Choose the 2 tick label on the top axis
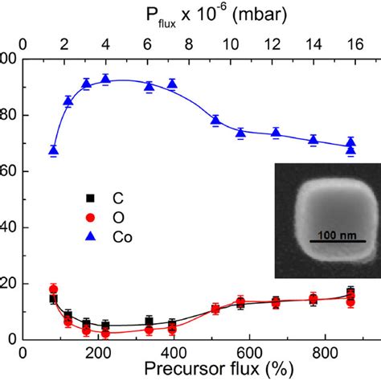pyautogui.click(x=65, y=43)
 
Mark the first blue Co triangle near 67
pyautogui.click(x=53, y=150)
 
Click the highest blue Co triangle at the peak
pyautogui.click(x=105, y=79)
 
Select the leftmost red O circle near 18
pyautogui.click(x=53, y=289)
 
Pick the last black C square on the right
pyautogui.click(x=350, y=293)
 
